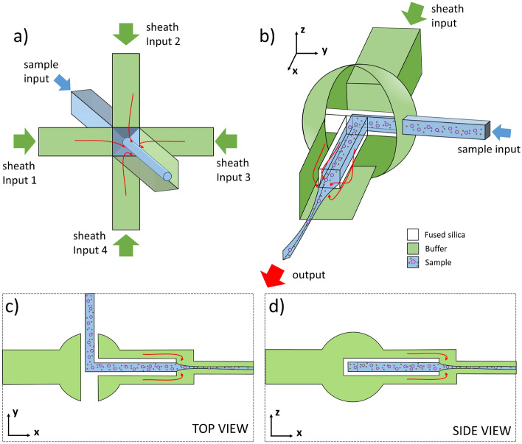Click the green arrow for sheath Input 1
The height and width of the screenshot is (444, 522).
(x=24, y=138)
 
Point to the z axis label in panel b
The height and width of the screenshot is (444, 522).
(x=304, y=31)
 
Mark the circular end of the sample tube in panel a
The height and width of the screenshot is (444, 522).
(x=167, y=177)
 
